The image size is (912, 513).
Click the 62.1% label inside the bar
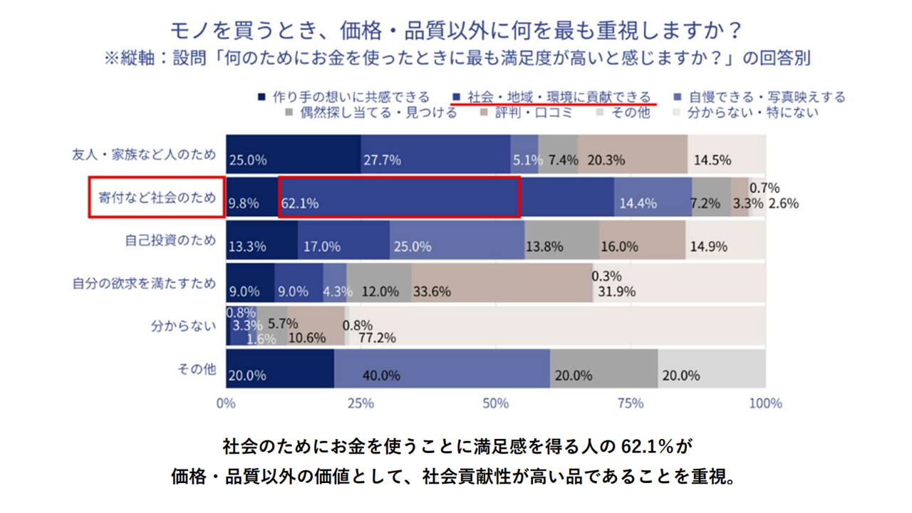(x=299, y=204)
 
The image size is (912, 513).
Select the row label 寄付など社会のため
(x=155, y=197)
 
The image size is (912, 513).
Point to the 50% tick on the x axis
(x=496, y=403)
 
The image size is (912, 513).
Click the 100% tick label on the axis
(x=765, y=403)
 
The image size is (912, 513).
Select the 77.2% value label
(x=377, y=338)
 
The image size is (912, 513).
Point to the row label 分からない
(x=183, y=326)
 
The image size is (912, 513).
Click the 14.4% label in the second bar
(x=637, y=204)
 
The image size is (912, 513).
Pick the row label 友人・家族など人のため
(x=144, y=154)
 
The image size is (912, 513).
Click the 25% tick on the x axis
(x=361, y=403)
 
